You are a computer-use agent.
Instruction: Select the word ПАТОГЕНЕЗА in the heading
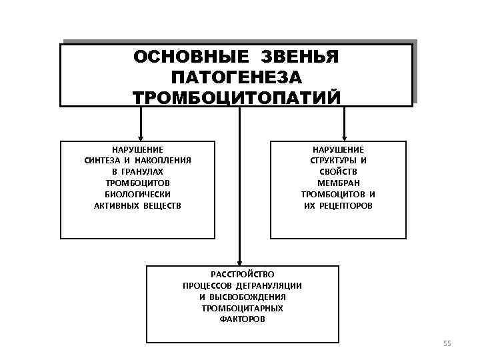tap(237, 77)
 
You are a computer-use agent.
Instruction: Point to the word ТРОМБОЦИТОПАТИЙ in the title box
tap(237, 97)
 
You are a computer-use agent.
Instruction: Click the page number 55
tap(447, 343)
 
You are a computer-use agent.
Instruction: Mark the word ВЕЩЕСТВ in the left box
tap(163, 205)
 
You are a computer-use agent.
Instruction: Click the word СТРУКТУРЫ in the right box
tap(333, 160)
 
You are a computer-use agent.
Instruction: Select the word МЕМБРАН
tap(338, 183)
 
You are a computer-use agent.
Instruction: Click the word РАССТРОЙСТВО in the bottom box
tap(242, 274)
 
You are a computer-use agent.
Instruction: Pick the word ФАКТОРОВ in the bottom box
tap(242, 319)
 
